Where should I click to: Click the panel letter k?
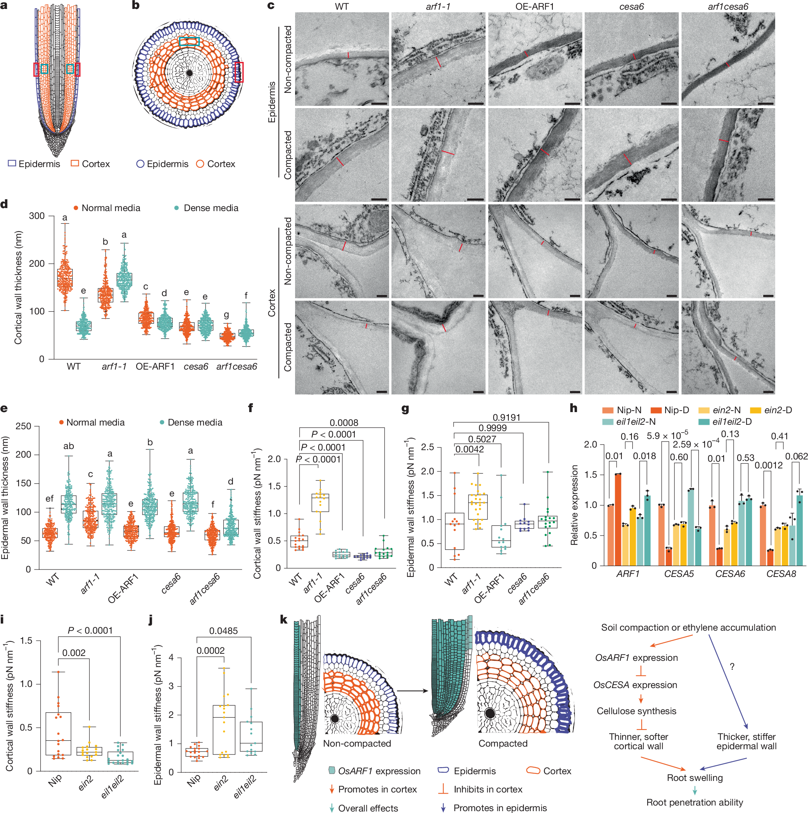284,619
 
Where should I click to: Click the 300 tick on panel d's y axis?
37,216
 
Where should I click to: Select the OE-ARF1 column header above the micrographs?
535,6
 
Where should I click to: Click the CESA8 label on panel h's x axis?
781,574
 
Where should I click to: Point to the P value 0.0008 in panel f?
344,423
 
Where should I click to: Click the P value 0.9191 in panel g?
506,417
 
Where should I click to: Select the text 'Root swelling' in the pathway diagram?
695,778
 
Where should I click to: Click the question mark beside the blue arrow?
732,666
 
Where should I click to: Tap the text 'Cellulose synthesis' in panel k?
636,711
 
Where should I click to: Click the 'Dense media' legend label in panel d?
211,208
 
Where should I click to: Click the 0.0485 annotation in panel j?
223,631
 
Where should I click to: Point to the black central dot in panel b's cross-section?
190,73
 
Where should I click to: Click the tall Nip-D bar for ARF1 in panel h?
618,520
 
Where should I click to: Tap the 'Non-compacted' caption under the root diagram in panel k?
357,744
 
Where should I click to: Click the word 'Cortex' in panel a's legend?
95,164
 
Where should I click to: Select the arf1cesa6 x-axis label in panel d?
237,367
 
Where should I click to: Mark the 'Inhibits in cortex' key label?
488,790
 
